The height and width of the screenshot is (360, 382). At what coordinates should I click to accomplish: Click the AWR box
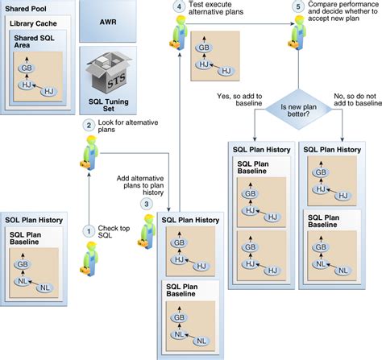[x=110, y=23]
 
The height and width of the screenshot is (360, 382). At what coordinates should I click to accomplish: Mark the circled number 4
[x=177, y=8]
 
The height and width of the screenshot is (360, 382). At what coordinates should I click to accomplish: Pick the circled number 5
[x=298, y=8]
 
